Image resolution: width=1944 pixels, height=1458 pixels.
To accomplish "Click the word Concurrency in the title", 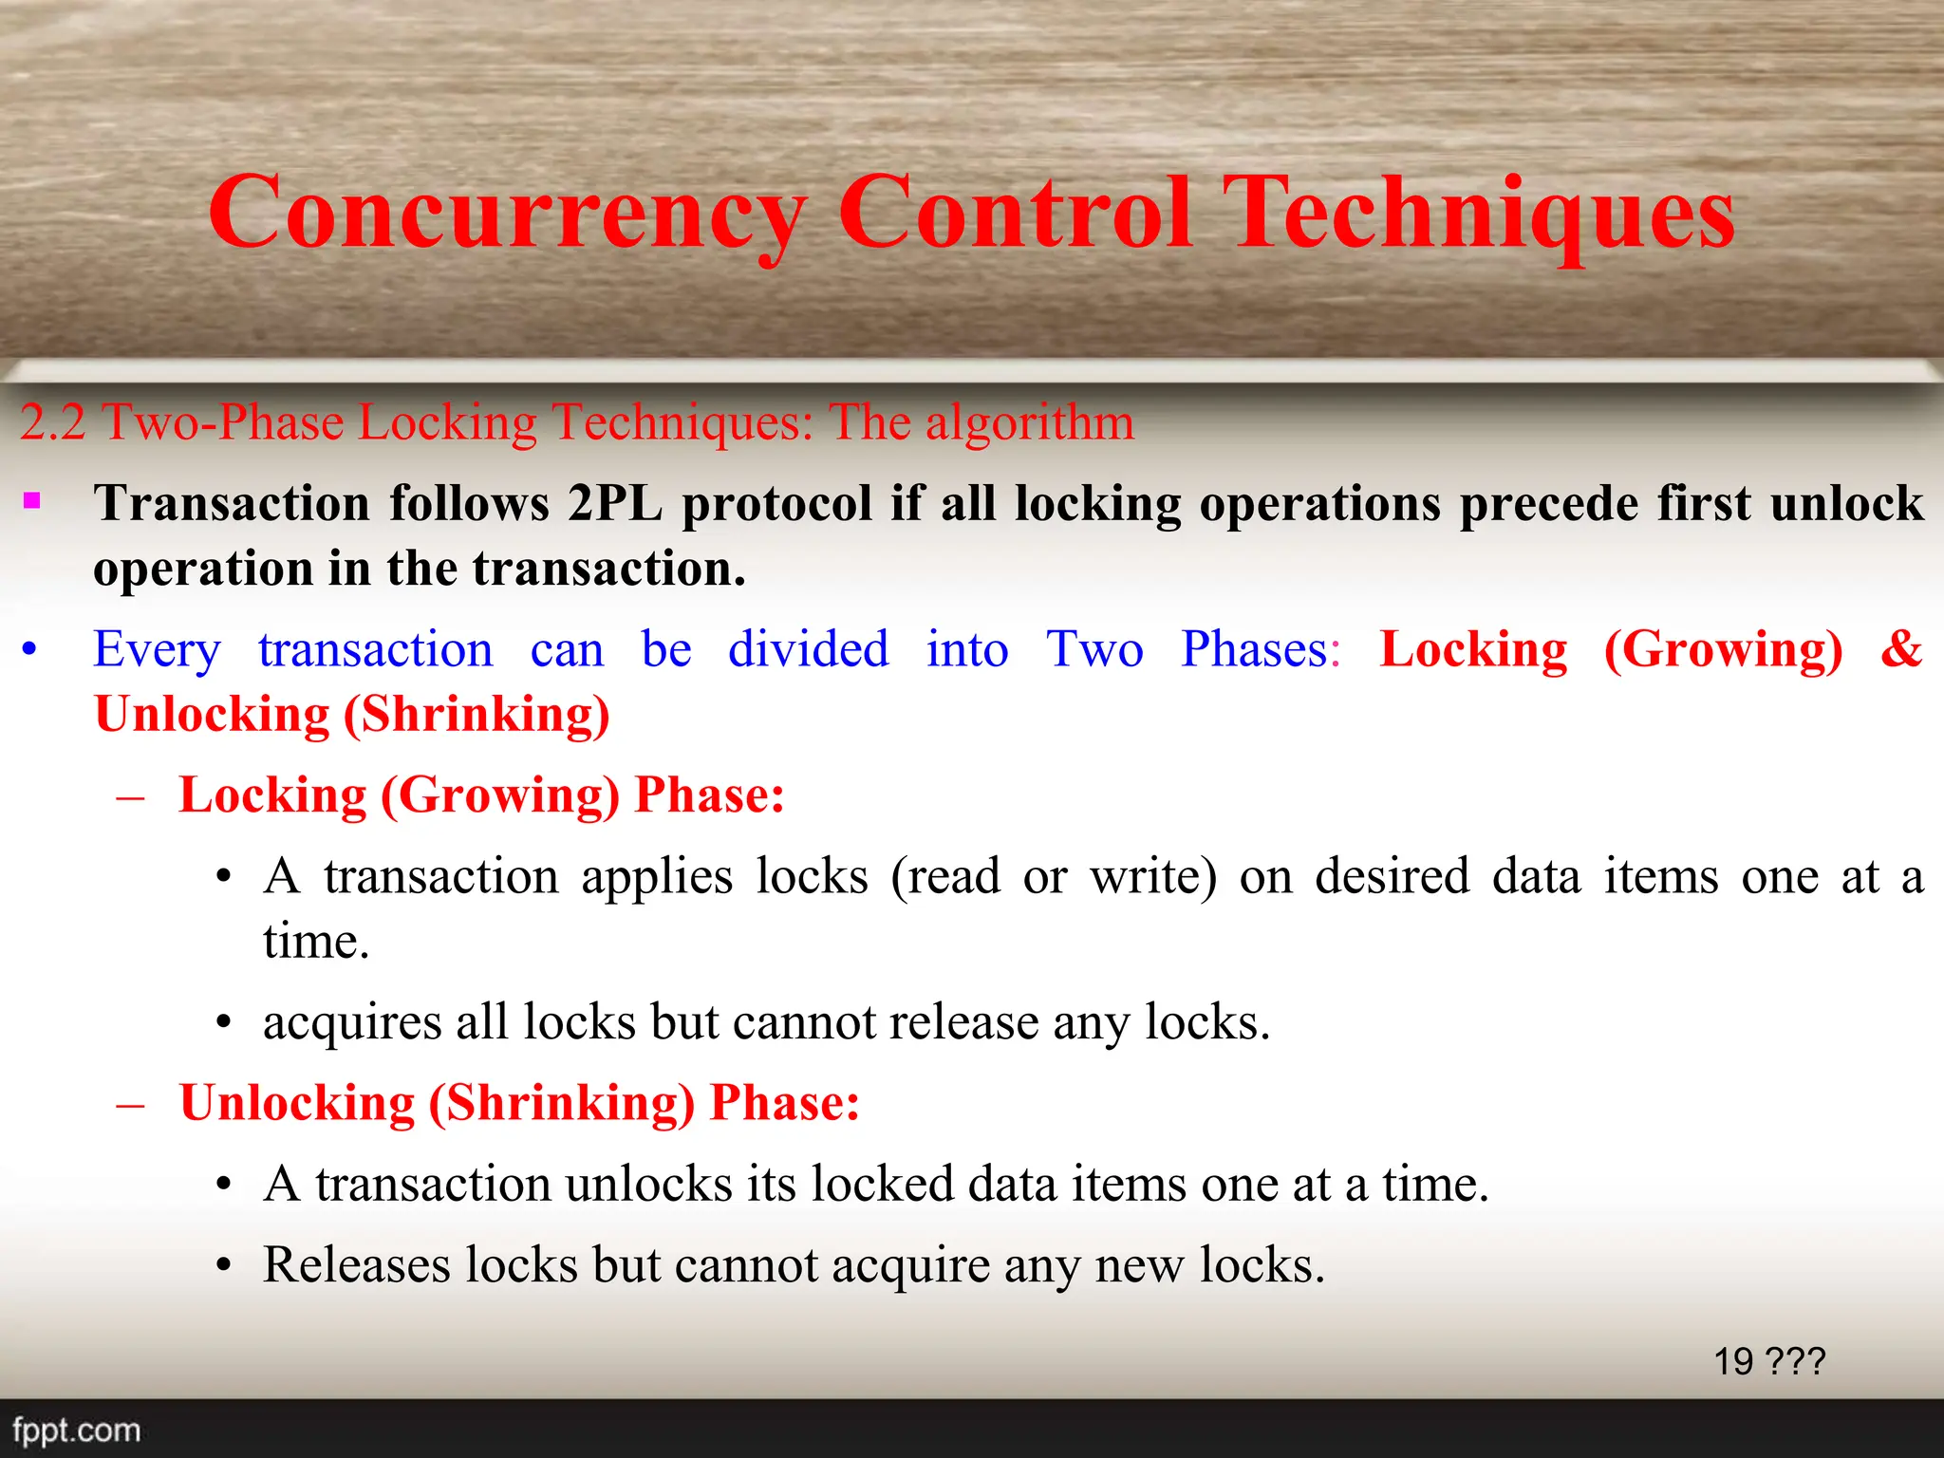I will pos(507,214).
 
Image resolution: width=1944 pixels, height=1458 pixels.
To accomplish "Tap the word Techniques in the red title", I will pos(1479,214).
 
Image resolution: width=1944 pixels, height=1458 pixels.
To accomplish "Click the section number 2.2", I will pos(53,422).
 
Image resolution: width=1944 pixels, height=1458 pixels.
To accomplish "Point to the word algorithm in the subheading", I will pos(1030,422).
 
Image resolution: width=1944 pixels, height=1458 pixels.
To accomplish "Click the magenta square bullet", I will pos(32,500).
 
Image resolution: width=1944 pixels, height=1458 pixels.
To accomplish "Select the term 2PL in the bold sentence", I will pos(615,503).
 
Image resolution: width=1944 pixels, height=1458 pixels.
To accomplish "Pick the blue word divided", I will pos(809,650).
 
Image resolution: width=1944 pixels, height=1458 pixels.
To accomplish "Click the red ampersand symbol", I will pos(1901,650).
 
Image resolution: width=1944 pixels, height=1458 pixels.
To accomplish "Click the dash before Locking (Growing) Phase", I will pos(130,797).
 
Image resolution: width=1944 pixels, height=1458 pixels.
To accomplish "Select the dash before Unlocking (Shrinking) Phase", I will pos(130,1105).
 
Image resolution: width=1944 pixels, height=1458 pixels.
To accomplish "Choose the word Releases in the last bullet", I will pos(356,1265).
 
